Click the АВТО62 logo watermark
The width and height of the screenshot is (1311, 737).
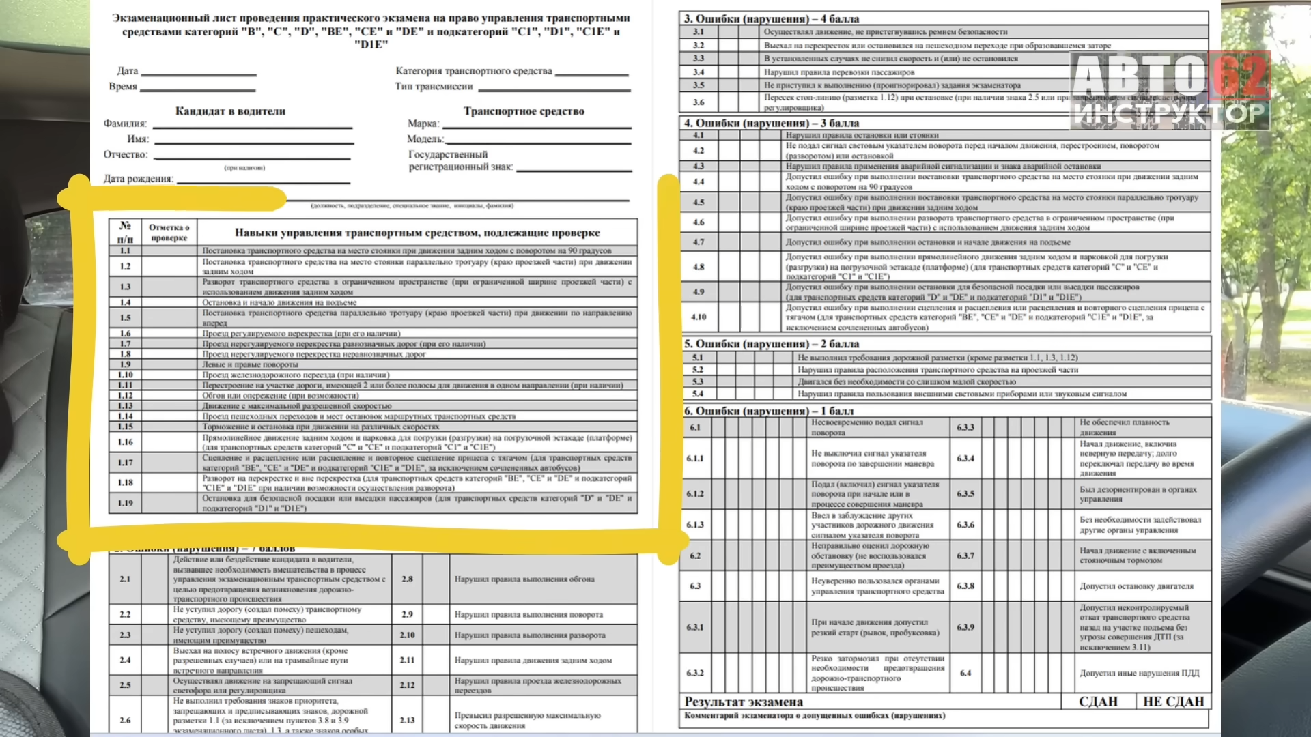click(x=1170, y=91)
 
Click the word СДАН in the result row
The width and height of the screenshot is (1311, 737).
click(x=1098, y=702)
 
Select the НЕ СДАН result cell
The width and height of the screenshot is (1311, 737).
click(x=1173, y=702)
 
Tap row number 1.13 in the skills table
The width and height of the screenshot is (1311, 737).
click(x=125, y=405)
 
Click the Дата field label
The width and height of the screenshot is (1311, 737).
click(x=127, y=71)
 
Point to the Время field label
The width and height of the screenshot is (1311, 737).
click(x=123, y=87)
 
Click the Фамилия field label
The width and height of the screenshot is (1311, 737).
click(x=125, y=124)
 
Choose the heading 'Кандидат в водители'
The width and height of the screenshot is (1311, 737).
click(x=230, y=111)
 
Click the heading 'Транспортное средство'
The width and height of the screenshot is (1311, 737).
click(x=524, y=111)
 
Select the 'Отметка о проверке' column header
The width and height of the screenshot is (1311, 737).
click(x=169, y=233)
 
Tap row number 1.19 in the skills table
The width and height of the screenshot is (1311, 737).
click(x=125, y=503)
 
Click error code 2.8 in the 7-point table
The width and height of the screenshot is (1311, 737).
click(x=407, y=579)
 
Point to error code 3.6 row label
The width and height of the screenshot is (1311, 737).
click(x=698, y=102)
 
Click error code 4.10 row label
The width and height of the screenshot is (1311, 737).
click(x=699, y=317)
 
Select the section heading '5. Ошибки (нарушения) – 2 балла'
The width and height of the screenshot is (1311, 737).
click(x=772, y=344)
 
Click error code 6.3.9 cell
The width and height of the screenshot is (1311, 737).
click(x=965, y=627)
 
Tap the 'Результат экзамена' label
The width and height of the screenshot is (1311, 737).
click(x=744, y=702)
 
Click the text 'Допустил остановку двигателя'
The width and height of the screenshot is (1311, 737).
click(x=1136, y=586)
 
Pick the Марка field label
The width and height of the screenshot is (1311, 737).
click(x=423, y=124)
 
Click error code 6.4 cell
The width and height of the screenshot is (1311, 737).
click(x=965, y=673)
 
